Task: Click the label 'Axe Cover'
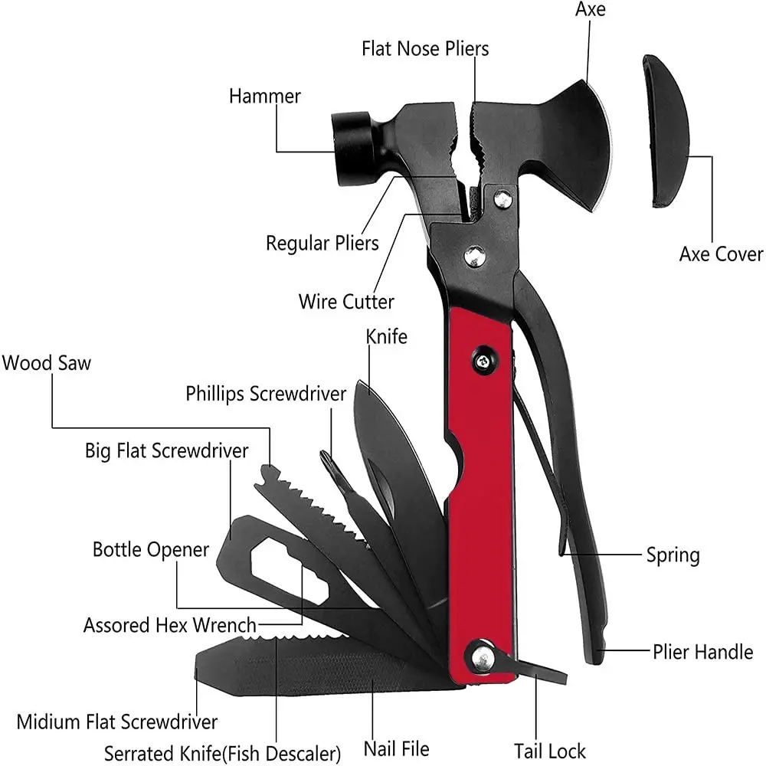(721, 254)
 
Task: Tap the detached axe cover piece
(665, 130)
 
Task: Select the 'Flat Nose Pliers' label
(425, 48)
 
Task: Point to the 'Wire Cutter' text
(346, 301)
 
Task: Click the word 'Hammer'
(265, 97)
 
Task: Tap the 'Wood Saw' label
(46, 362)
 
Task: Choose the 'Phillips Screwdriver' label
(266, 394)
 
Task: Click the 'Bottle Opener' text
(151, 549)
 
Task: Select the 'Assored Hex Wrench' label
(170, 625)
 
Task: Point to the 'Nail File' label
(397, 748)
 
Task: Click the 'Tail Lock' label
(550, 751)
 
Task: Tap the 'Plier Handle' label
(703, 652)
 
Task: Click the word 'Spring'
(673, 555)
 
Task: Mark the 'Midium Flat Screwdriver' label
(117, 722)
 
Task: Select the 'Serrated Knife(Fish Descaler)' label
(222, 753)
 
